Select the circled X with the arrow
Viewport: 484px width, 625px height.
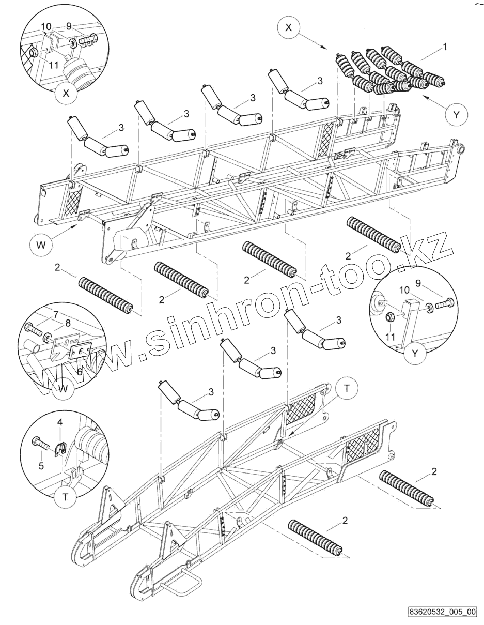click(289, 28)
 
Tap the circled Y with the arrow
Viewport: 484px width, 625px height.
click(456, 115)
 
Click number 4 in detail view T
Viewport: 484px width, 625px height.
click(60, 422)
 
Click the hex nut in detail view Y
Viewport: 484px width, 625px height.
click(391, 318)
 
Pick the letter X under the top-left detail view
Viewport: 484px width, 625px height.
click(66, 94)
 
